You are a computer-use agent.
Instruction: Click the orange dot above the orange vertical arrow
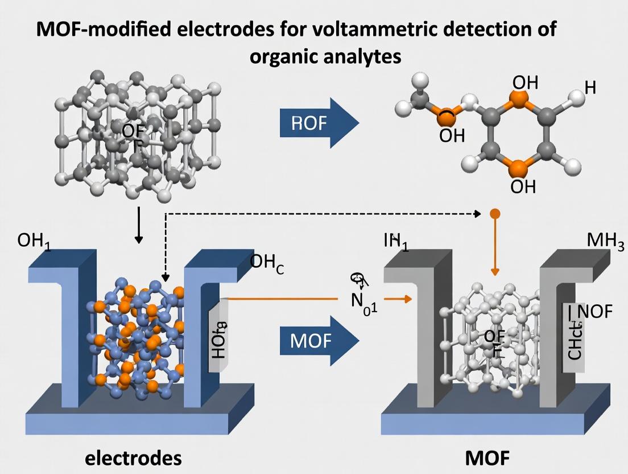(x=494, y=214)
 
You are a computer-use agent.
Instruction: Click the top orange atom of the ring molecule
(x=517, y=100)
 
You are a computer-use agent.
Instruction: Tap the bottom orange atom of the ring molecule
(x=517, y=166)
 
